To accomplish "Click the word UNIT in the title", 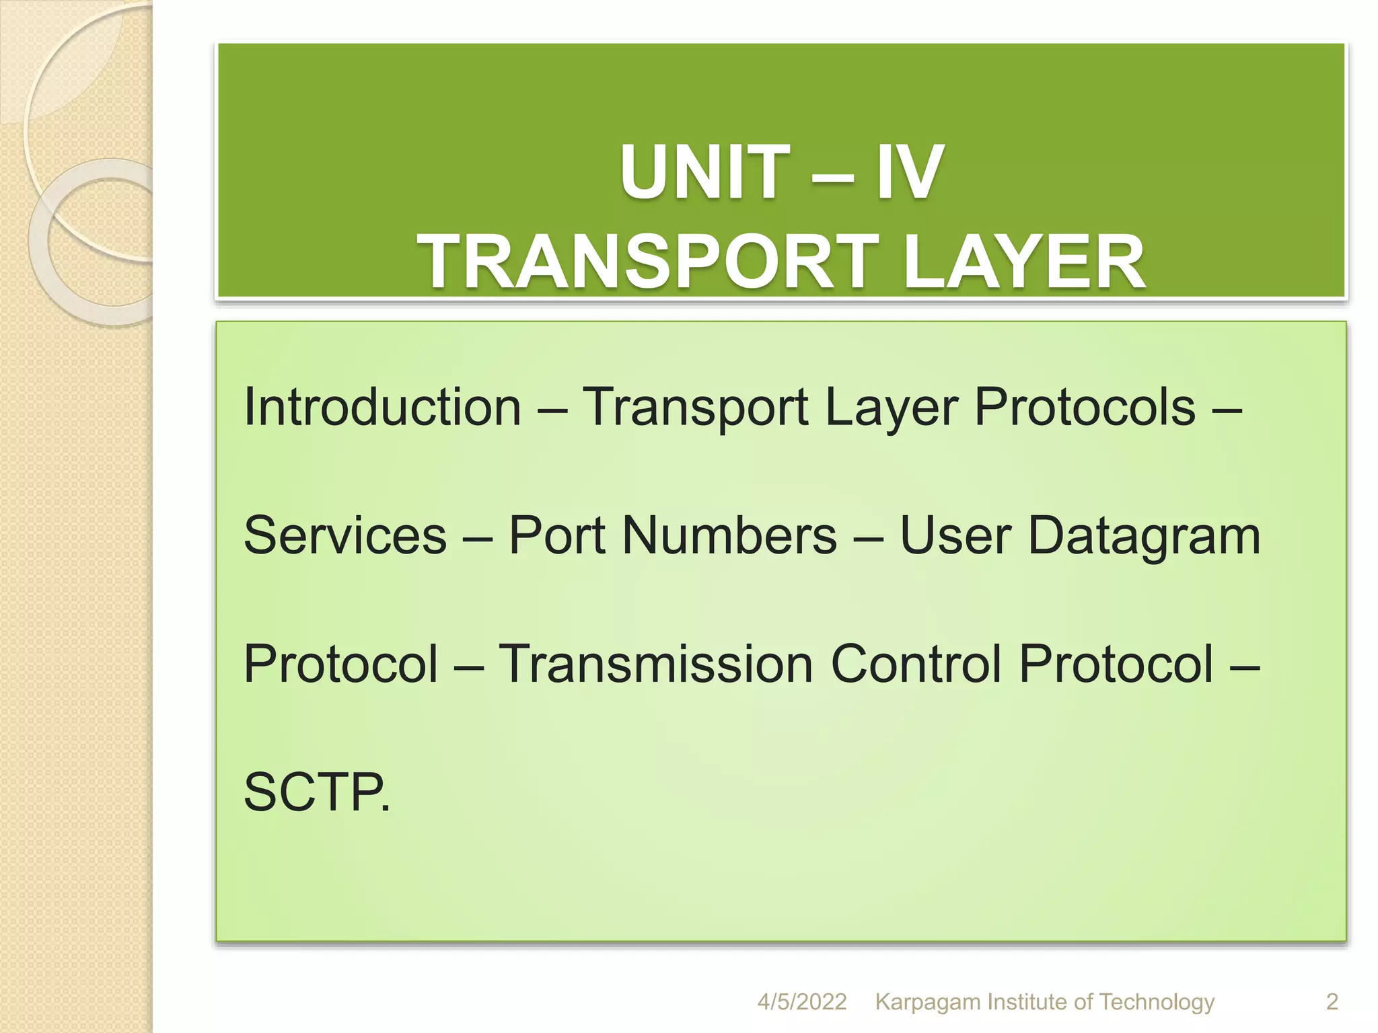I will (x=704, y=173).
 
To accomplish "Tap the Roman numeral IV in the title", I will (x=908, y=173).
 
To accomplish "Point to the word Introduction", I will (x=382, y=408).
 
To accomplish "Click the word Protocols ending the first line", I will (x=1084, y=408).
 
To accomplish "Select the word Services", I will (x=345, y=536).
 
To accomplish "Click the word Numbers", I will (x=729, y=536).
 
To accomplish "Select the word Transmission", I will (x=655, y=664).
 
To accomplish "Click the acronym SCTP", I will (x=313, y=793).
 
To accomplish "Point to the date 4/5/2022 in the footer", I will (x=801, y=1003).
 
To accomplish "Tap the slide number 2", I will (x=1332, y=1003).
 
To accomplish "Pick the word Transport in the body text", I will (x=694, y=408).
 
